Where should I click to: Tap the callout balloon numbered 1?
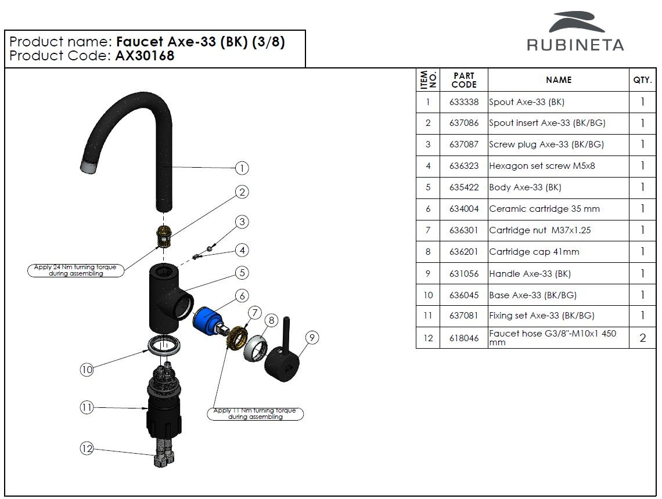pyautogui.click(x=242, y=168)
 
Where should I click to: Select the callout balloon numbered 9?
pyautogui.click(x=312, y=338)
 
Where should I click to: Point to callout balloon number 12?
pyautogui.click(x=87, y=449)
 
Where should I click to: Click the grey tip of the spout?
pyautogui.click(x=88, y=167)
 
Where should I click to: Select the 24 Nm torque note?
pyautogui.click(x=75, y=270)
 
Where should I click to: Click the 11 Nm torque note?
pyautogui.click(x=255, y=414)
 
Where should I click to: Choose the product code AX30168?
pyautogui.click(x=145, y=56)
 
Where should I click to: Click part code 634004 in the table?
pyautogui.click(x=463, y=209)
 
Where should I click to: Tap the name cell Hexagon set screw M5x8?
pyautogui.click(x=542, y=166)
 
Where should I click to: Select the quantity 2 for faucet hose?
pyautogui.click(x=642, y=338)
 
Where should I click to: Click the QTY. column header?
pyautogui.click(x=642, y=80)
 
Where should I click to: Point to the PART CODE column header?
pyautogui.click(x=463, y=80)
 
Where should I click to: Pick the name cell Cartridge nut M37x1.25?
pyautogui.click(x=539, y=230)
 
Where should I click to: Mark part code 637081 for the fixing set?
pyautogui.click(x=463, y=316)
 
